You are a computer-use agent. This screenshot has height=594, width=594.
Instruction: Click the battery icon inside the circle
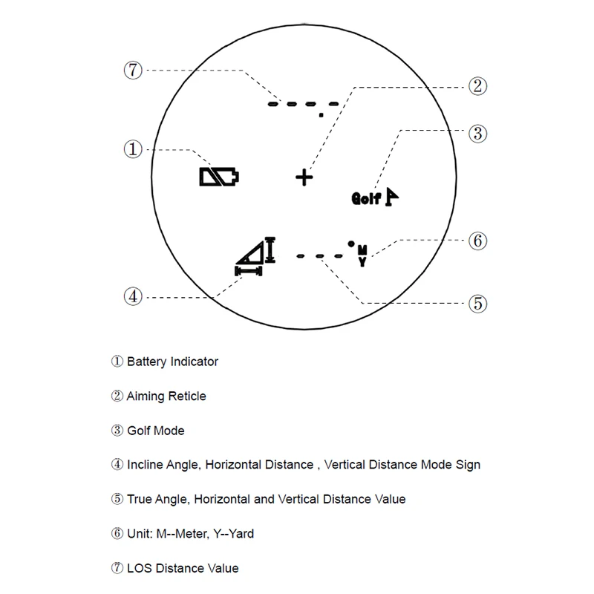click(x=220, y=177)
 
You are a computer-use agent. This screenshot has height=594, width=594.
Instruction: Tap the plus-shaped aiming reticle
click(x=304, y=177)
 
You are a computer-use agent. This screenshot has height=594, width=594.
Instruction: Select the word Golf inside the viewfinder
click(x=365, y=198)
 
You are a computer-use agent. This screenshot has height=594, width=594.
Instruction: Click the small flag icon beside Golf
click(x=392, y=196)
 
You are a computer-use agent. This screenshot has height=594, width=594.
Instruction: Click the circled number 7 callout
click(x=132, y=71)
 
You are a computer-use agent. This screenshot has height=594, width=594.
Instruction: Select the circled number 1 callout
click(x=132, y=149)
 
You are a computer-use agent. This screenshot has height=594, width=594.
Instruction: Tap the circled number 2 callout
click(x=477, y=86)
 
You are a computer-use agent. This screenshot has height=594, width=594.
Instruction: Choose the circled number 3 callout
click(x=477, y=134)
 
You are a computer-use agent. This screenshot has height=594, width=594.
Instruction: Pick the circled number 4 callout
click(x=132, y=296)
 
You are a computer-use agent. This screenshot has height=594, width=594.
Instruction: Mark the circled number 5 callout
click(x=477, y=303)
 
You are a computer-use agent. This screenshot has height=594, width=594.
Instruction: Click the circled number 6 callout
click(x=477, y=241)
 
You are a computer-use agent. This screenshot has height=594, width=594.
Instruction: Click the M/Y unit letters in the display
click(x=362, y=255)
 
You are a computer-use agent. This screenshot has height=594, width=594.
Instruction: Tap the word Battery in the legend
click(x=147, y=362)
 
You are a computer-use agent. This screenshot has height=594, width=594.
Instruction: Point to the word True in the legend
click(x=139, y=499)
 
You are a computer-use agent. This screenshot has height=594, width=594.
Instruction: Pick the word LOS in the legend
click(x=139, y=568)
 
